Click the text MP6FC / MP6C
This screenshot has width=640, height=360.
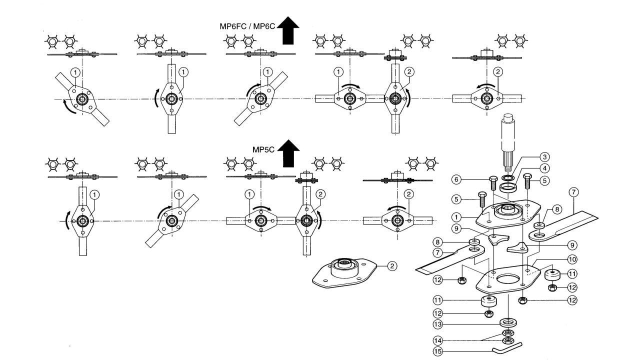click(x=247, y=26)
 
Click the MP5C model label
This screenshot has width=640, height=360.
click(x=263, y=149)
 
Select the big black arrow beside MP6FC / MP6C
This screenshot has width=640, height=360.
click(x=288, y=30)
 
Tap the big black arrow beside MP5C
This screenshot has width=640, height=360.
click(x=288, y=153)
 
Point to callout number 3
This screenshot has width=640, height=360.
click(x=544, y=157)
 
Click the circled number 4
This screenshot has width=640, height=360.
click(x=544, y=168)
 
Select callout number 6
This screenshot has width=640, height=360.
click(x=456, y=179)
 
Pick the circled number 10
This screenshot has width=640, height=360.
click(x=572, y=259)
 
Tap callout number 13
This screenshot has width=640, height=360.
click(x=437, y=324)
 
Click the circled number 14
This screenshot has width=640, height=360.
click(x=437, y=340)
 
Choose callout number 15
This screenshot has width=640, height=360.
click(x=437, y=351)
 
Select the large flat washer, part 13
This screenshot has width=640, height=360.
click(x=508, y=323)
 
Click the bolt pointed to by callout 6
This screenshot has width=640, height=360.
click(x=493, y=183)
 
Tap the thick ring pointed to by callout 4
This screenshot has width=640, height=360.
click(x=507, y=188)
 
